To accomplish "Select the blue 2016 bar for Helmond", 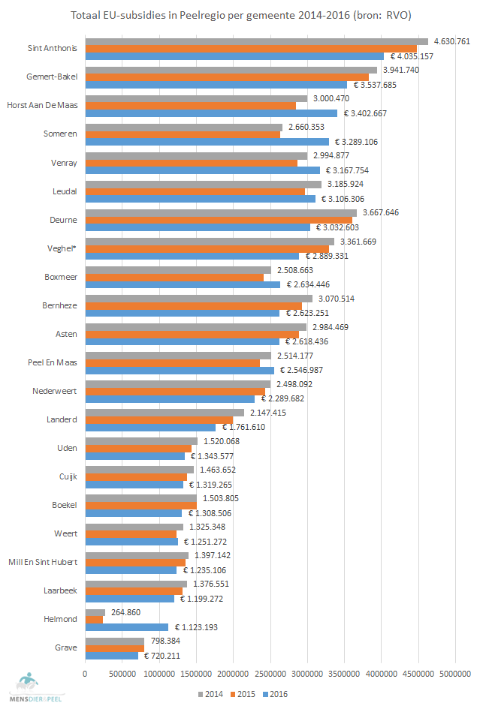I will coord(127,627).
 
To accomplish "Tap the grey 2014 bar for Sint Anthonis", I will coord(256,41).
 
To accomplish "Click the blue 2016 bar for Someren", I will coord(207,141).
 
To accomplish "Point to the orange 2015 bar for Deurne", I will coord(219,220).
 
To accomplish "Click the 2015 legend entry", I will coord(244,694).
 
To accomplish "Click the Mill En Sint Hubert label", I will coord(43,562).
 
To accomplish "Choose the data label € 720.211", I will coord(164,656).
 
